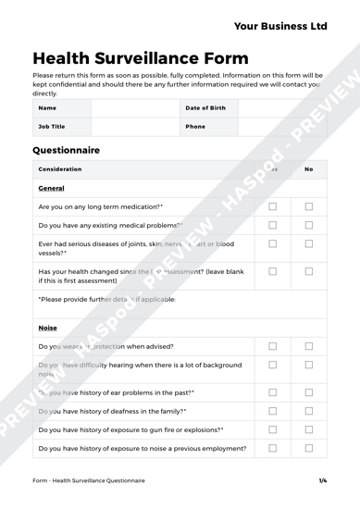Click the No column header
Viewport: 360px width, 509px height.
(309, 169)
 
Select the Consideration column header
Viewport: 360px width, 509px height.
(60, 169)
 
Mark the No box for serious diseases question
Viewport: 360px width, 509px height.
(309, 244)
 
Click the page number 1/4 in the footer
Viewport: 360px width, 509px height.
(323, 481)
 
